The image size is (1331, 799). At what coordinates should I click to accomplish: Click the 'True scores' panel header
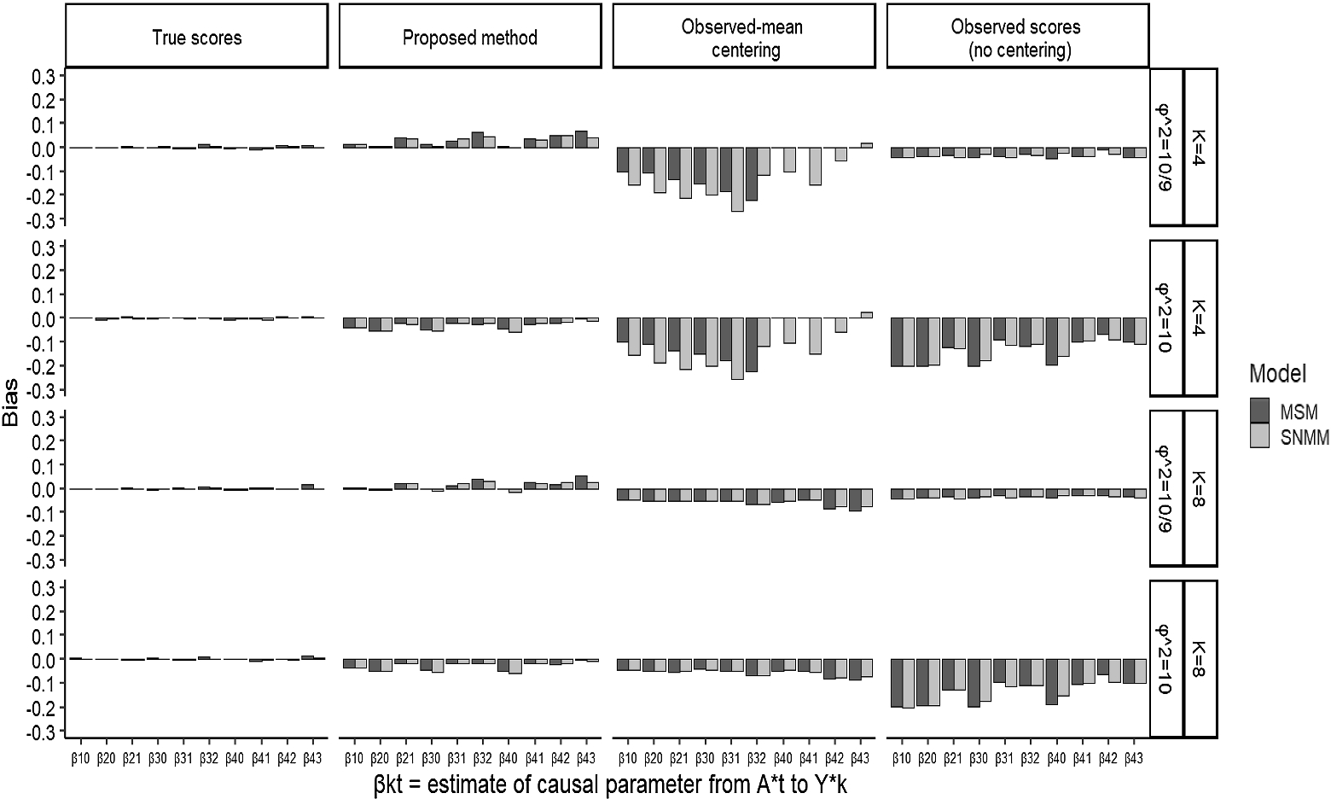197,37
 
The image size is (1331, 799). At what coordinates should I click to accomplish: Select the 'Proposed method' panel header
470,37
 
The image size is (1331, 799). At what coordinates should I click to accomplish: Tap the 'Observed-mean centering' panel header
744,37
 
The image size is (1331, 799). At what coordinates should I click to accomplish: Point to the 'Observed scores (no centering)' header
1018,37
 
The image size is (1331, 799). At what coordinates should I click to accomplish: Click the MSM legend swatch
1259,410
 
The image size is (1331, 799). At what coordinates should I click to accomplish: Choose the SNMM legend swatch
1259,435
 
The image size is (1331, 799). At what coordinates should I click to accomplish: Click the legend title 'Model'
1277,373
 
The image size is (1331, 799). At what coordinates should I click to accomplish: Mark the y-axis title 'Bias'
10,403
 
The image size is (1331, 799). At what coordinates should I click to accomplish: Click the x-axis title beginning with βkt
610,784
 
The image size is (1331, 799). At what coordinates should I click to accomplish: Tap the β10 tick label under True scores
80,758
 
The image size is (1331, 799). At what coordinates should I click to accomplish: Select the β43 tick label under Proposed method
586,758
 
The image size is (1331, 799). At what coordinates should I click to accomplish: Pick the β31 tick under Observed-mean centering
731,758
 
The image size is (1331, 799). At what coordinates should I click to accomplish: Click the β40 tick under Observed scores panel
1056,758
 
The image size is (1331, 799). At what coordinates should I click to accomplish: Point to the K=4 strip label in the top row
1200,148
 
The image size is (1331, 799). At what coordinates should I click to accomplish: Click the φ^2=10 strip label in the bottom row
1166,659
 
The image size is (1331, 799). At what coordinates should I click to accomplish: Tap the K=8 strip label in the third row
1200,488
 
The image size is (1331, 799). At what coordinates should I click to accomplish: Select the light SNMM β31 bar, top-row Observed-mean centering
737,179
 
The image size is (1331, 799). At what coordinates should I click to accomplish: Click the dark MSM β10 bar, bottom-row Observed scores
896,683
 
